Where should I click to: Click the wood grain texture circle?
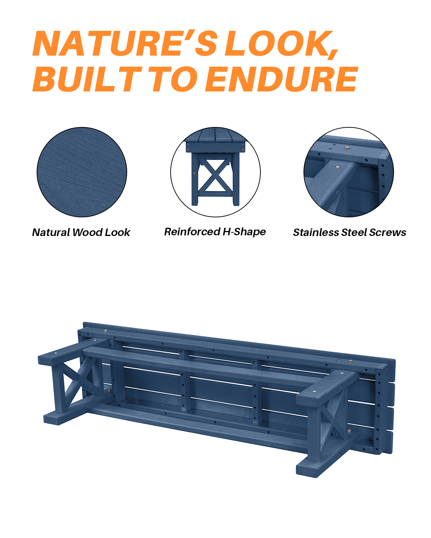point(82,172)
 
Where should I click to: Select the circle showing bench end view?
point(215,172)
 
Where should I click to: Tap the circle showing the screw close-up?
point(349,172)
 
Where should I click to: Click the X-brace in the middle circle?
point(214,176)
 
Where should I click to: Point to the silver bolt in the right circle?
point(347,147)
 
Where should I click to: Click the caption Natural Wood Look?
point(81,232)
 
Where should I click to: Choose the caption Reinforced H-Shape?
point(215,232)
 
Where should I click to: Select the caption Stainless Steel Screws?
point(349,232)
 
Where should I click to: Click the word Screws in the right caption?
point(388,232)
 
